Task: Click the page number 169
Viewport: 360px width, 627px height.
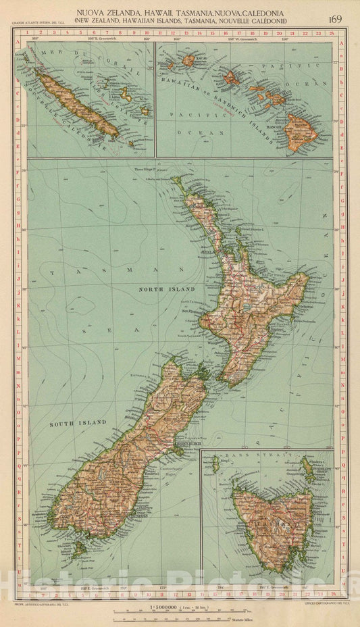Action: pos(334,18)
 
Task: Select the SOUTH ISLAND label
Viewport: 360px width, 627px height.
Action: pos(78,423)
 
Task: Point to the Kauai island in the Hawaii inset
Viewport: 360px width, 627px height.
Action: pos(188,61)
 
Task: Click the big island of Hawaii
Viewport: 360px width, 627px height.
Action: pos(301,128)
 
